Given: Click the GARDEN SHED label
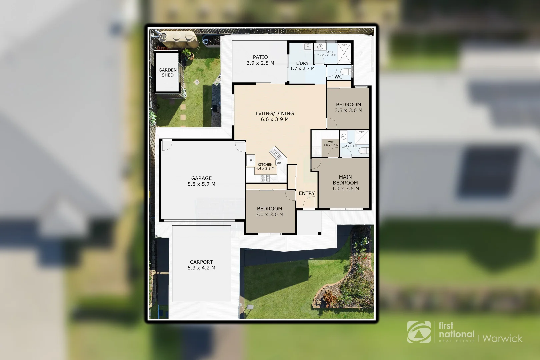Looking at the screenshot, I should click(167, 72).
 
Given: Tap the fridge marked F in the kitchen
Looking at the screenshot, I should click(251, 161).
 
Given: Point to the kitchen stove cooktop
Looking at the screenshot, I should click(265, 179).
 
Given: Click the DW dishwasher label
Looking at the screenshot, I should click(279, 163).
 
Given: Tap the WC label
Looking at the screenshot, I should click(338, 77).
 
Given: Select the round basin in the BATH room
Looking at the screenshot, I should click(321, 47).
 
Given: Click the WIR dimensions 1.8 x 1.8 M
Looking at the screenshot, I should click(331, 145).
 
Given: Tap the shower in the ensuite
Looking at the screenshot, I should click(362, 137).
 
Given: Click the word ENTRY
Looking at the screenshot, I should click(307, 193).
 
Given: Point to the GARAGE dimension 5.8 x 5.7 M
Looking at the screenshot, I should click(201, 184).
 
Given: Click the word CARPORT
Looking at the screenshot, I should click(201, 262).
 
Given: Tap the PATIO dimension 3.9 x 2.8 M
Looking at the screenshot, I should click(260, 63).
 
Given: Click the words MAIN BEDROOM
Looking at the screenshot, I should click(345, 180).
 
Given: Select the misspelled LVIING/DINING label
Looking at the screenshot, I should click(275, 113).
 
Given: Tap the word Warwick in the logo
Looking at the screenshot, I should click(502, 339).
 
